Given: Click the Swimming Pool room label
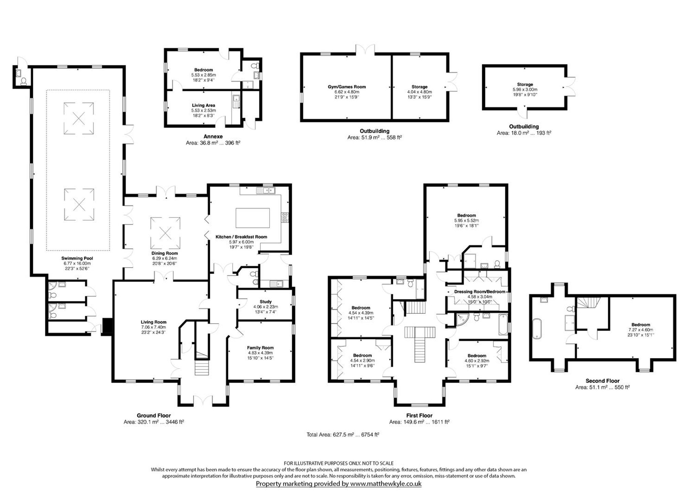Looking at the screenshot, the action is [77, 258].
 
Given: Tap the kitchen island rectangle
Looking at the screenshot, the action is [252, 218].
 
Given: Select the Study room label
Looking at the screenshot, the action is [266, 302].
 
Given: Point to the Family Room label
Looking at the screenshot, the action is [260, 348].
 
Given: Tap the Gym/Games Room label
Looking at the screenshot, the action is [347, 87].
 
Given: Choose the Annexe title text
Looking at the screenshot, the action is [213, 136].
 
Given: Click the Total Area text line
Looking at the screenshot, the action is [343, 435].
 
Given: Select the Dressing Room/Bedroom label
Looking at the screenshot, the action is [480, 292].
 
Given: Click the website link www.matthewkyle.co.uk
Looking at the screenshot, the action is [386, 483].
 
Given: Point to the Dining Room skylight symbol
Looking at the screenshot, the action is [165, 233].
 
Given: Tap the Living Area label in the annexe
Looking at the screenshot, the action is [204, 105].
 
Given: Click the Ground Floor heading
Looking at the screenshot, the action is [154, 415].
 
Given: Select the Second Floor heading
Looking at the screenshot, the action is [602, 381].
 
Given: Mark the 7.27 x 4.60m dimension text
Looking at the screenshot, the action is [641, 330].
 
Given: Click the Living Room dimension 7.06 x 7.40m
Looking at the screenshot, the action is [153, 327].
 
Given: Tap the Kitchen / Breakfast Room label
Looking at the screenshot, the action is [241, 237].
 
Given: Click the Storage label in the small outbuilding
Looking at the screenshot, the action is [525, 84].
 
